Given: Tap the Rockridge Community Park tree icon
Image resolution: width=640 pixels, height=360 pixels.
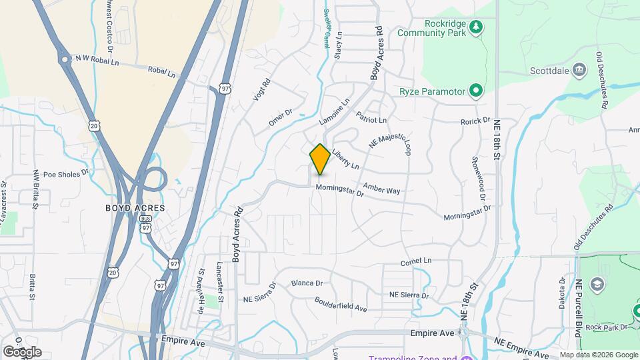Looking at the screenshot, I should click(x=475, y=27).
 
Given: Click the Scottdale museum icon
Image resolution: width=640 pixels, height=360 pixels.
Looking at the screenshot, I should click(x=579, y=69).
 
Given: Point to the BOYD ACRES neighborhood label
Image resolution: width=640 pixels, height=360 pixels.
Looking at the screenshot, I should click(x=135, y=208).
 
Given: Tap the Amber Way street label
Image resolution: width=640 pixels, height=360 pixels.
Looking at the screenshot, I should click(x=382, y=190).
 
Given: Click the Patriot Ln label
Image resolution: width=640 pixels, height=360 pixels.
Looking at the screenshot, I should click(x=371, y=117).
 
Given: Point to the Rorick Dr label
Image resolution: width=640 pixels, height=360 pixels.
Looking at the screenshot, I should click(x=475, y=121).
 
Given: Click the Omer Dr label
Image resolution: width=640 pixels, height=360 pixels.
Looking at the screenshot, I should click(x=280, y=117).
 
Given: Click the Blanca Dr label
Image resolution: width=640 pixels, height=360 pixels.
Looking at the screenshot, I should click(x=307, y=283).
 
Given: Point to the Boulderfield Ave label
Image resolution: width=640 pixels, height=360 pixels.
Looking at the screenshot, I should click(x=341, y=304).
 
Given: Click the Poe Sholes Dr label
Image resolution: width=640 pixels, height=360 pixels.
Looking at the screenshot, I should click(x=66, y=174).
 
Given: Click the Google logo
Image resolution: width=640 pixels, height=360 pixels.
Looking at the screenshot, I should click(x=22, y=351).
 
